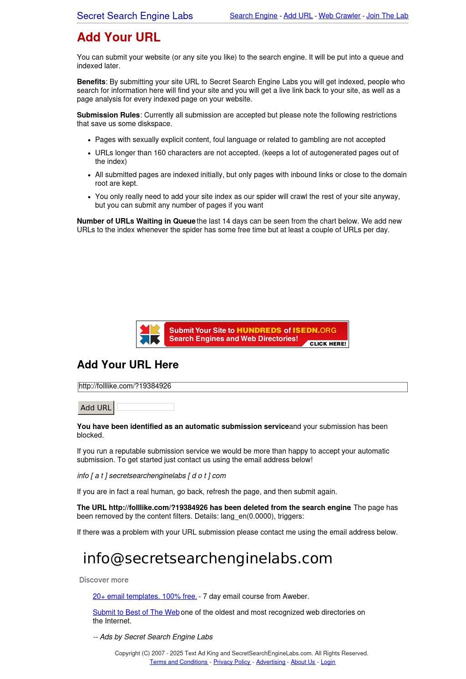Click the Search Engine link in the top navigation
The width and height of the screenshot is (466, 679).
click(x=253, y=16)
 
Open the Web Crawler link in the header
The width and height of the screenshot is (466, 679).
click(x=339, y=16)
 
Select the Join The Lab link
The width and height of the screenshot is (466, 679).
click(x=387, y=16)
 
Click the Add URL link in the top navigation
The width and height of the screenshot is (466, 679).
click(x=298, y=16)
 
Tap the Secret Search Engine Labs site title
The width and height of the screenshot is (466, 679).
click(x=135, y=16)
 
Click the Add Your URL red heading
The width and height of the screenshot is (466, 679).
click(x=118, y=37)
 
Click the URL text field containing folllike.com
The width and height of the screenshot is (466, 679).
click(x=243, y=387)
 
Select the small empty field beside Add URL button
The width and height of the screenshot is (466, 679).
click(x=145, y=407)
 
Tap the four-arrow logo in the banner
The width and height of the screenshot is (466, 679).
click(x=150, y=334)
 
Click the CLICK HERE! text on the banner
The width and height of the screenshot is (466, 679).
click(x=328, y=344)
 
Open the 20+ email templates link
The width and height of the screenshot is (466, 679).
click(x=145, y=597)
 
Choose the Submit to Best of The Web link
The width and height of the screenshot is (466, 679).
click(x=136, y=613)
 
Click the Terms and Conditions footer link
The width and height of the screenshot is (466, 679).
click(x=179, y=662)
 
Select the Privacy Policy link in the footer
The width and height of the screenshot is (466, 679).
click(x=232, y=662)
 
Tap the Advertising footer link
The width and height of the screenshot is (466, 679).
click(x=270, y=662)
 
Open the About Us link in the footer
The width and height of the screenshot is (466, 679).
click(x=303, y=662)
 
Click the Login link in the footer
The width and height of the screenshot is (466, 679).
click(x=328, y=662)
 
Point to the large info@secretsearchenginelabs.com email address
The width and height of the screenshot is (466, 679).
click(x=208, y=558)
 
